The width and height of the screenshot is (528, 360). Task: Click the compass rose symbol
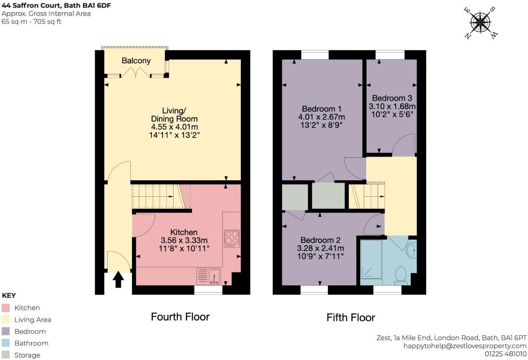coord(480,23)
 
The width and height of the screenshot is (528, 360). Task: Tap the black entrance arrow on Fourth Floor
coord(118,279)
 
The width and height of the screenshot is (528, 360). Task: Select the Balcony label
coord(136,61)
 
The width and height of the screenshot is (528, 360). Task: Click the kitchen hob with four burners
coord(232,239)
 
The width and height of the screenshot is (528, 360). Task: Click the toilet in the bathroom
coord(401,276)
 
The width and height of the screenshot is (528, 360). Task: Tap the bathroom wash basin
coord(411,251)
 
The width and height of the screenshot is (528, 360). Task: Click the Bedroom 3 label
coord(392,98)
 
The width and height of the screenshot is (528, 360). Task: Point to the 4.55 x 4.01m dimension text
coord(174,127)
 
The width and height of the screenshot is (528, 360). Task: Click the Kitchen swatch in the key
coord(6,308)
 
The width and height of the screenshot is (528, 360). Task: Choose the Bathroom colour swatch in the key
coord(6,343)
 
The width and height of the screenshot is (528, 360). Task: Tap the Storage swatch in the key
coord(6,355)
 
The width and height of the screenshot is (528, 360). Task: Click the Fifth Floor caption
coord(350,318)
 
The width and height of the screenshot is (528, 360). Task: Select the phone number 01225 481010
coord(505,354)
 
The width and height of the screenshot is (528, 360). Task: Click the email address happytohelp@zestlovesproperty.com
coord(465,346)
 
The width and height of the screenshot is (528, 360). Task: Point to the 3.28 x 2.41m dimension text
coord(320,248)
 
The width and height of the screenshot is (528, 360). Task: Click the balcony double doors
coord(136,74)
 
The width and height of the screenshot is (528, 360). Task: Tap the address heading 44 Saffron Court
coord(56,6)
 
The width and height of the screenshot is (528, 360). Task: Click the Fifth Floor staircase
coord(367,196)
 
